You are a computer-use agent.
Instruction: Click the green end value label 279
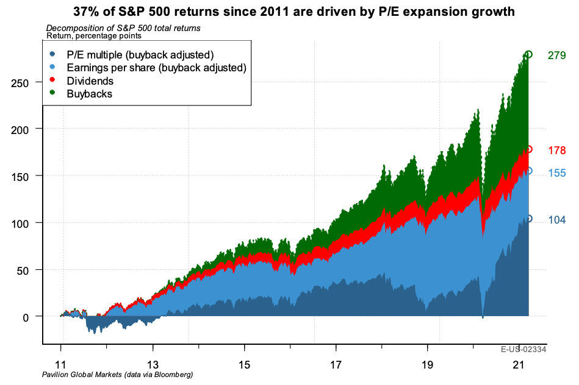[556, 56]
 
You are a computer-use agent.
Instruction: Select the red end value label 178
[556, 150]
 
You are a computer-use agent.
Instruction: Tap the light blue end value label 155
[556, 173]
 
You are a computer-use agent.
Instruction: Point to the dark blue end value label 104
[556, 220]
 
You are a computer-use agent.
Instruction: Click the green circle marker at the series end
[528, 55]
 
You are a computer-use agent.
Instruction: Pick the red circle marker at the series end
[528, 149]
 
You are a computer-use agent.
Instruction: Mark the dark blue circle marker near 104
[528, 219]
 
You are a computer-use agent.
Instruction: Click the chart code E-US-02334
[523, 350]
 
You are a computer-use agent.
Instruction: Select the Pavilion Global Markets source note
[117, 373]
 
